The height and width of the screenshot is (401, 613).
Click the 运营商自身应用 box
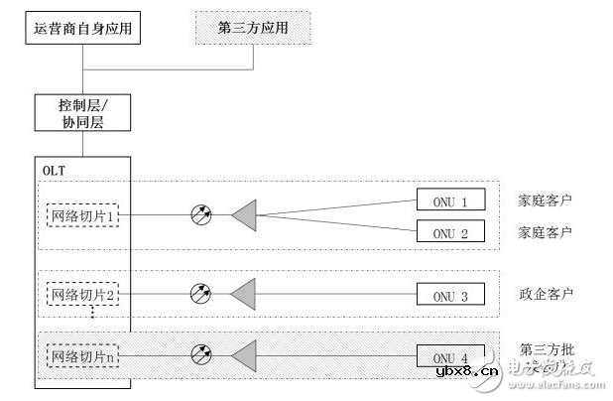click(82, 29)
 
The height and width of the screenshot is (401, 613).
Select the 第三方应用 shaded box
click(254, 29)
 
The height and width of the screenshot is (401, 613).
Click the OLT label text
click(54, 170)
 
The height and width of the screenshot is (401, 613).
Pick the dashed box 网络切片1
click(83, 213)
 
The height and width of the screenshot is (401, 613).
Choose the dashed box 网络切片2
click(83, 294)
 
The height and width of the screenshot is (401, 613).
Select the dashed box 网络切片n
click(83, 351)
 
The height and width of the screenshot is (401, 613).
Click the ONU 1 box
click(450, 200)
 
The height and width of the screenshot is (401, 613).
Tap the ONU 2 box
click(450, 232)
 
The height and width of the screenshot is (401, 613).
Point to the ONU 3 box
click(450, 295)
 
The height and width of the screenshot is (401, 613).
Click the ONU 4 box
click(450, 357)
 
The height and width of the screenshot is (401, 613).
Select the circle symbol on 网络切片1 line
click(201, 213)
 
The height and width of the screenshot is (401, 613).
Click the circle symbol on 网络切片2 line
click(201, 294)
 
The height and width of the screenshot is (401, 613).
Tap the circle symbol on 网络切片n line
click(201, 351)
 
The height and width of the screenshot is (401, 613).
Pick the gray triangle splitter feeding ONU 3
click(244, 294)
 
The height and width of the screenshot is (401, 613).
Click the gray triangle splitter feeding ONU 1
click(244, 213)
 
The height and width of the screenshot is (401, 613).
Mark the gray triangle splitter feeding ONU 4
click(244, 351)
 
